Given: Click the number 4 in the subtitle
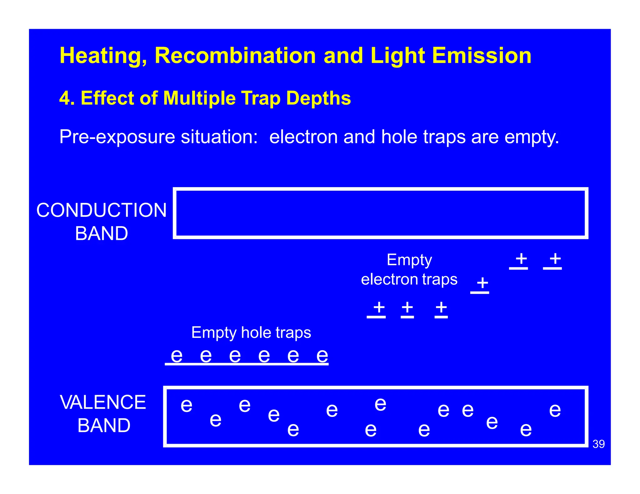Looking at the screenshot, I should coord(64,98).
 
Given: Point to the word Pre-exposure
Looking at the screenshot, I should coord(117,137).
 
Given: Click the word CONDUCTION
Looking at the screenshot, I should coord(102,210).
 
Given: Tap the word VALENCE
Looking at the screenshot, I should coord(103,402).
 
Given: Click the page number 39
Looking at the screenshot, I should coord(598,444).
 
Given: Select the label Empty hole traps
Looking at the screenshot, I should coord(251,333).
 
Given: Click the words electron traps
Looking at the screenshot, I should coord(409,279).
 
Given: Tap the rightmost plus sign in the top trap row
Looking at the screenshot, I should coord(555,259).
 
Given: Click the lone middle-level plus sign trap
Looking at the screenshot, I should coord(482,283).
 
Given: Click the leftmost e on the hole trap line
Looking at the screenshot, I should coord(177,356).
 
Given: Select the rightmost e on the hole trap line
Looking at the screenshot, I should coord(322,356).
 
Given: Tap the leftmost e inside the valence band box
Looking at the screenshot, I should coord(187,405).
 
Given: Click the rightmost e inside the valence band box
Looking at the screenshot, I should coord(555,410).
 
